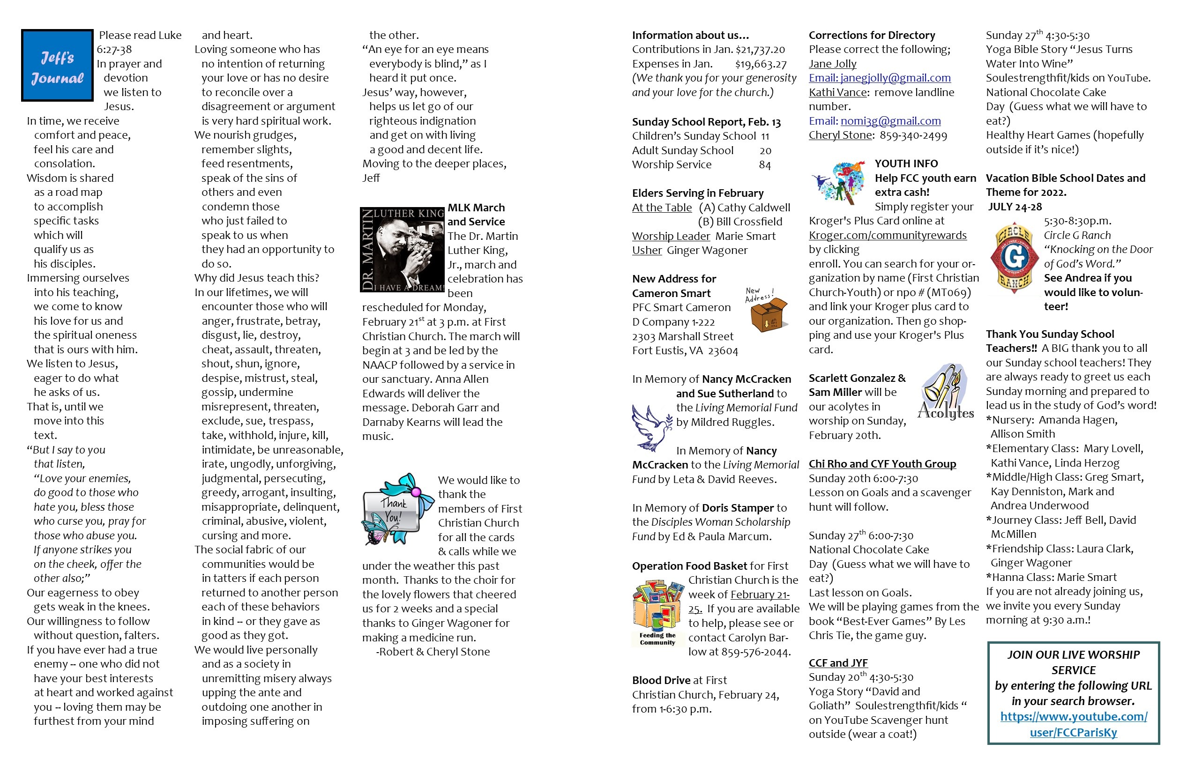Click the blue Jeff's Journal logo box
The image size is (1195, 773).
click(57, 65)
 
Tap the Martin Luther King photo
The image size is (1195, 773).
click(402, 249)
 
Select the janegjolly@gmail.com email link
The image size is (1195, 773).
click(879, 78)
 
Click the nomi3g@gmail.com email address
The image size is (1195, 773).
click(890, 121)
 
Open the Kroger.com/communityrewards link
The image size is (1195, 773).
click(887, 235)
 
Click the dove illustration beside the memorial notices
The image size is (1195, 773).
click(651, 427)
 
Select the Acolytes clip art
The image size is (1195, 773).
click(945, 393)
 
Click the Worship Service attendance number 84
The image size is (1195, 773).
click(764, 165)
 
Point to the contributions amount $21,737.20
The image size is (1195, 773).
click(760, 50)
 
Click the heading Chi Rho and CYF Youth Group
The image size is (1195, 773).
click(881, 464)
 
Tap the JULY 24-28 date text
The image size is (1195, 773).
click(1015, 207)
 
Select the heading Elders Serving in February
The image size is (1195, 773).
click(697, 193)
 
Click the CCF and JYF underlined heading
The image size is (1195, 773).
click(837, 663)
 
